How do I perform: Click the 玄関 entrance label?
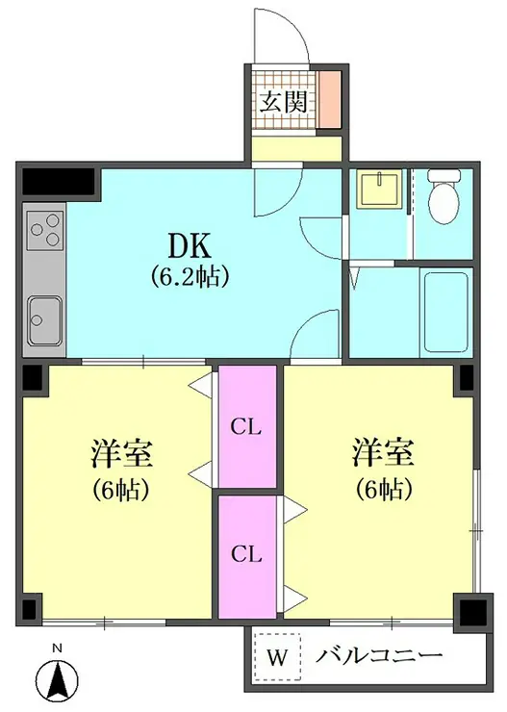click(x=284, y=102)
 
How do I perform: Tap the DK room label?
click(x=190, y=246)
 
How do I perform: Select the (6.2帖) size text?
click(x=189, y=276)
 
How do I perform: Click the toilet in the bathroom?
click(x=444, y=196)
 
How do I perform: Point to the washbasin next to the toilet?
click(x=379, y=189)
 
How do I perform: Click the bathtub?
click(x=445, y=312)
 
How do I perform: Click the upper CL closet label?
click(x=246, y=427)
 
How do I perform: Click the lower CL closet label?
click(x=246, y=554)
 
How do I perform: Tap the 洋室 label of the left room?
click(x=121, y=453)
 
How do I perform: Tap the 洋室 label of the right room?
click(x=384, y=452)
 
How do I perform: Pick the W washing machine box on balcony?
click(x=277, y=657)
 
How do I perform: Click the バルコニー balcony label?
click(x=379, y=655)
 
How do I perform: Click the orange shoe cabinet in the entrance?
click(x=329, y=99)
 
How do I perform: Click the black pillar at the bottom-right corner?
click(x=473, y=609)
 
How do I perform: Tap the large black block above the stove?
click(x=58, y=181)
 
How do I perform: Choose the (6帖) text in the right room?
click(x=384, y=489)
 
